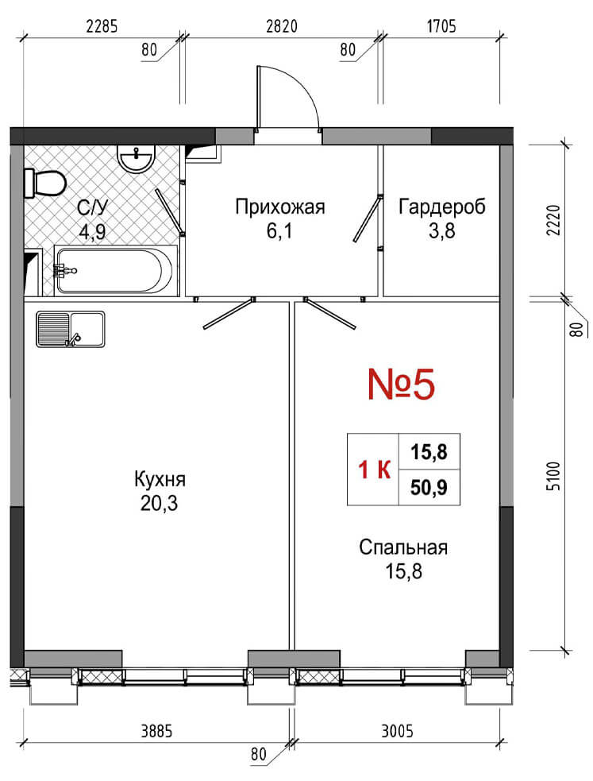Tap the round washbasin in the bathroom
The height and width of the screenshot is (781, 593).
click(x=135, y=158)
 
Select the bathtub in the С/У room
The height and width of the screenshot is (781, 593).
click(x=114, y=271)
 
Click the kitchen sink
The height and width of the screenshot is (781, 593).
click(x=70, y=329)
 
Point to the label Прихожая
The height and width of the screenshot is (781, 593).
click(x=280, y=207)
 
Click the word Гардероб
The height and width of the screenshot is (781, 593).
click(x=441, y=207)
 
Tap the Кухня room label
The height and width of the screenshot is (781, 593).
click(x=160, y=479)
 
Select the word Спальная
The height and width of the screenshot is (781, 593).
click(x=403, y=547)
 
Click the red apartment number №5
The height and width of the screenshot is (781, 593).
click(x=402, y=384)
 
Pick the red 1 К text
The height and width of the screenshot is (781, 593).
click(x=375, y=470)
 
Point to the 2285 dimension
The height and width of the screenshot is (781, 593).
click(x=102, y=26)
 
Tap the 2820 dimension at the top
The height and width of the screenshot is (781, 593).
click(x=282, y=26)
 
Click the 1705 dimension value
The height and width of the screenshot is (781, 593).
click(x=441, y=26)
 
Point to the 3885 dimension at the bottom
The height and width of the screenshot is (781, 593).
click(x=156, y=731)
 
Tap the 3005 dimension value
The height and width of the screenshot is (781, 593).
click(x=398, y=731)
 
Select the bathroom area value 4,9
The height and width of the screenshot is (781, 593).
click(x=92, y=232)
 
